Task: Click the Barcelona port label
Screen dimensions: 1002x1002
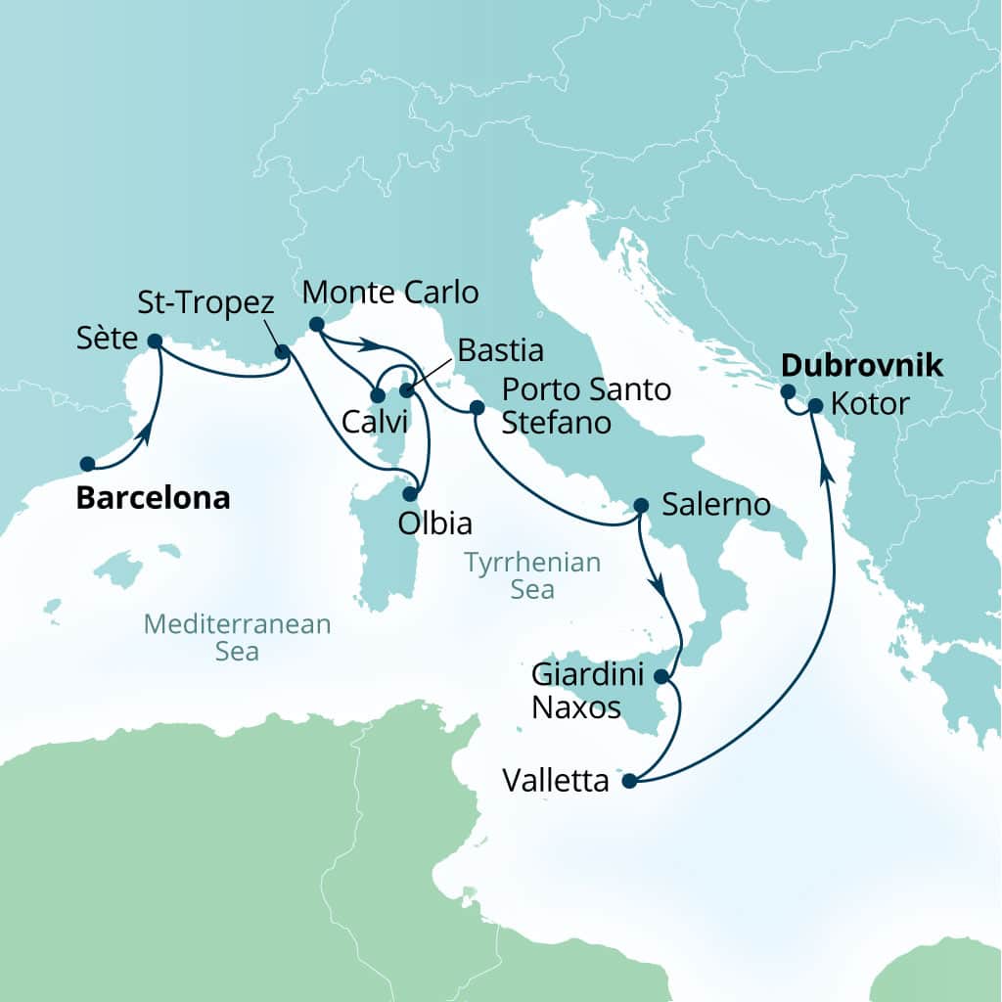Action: tap(153, 498)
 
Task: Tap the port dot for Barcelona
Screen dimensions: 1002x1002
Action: tap(87, 464)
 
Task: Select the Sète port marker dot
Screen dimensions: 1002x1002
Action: tap(155, 341)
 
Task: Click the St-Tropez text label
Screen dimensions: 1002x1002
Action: tap(205, 302)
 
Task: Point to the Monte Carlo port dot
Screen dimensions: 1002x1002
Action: tap(316, 324)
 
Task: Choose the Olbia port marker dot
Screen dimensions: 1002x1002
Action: tap(411, 494)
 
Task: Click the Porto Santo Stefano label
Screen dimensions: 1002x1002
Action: tap(586, 406)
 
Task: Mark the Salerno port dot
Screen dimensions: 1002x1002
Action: tap(641, 506)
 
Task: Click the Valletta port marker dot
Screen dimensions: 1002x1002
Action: tap(629, 781)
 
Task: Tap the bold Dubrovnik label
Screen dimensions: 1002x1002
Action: tap(861, 366)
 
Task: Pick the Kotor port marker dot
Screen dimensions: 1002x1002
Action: tap(815, 405)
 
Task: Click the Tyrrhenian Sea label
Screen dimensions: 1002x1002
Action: tap(532, 575)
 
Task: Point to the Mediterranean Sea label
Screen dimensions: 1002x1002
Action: tap(237, 637)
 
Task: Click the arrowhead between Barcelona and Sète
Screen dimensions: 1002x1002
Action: tap(146, 433)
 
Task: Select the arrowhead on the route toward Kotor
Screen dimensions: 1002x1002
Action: tap(827, 472)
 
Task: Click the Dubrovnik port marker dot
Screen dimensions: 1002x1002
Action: tap(788, 391)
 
